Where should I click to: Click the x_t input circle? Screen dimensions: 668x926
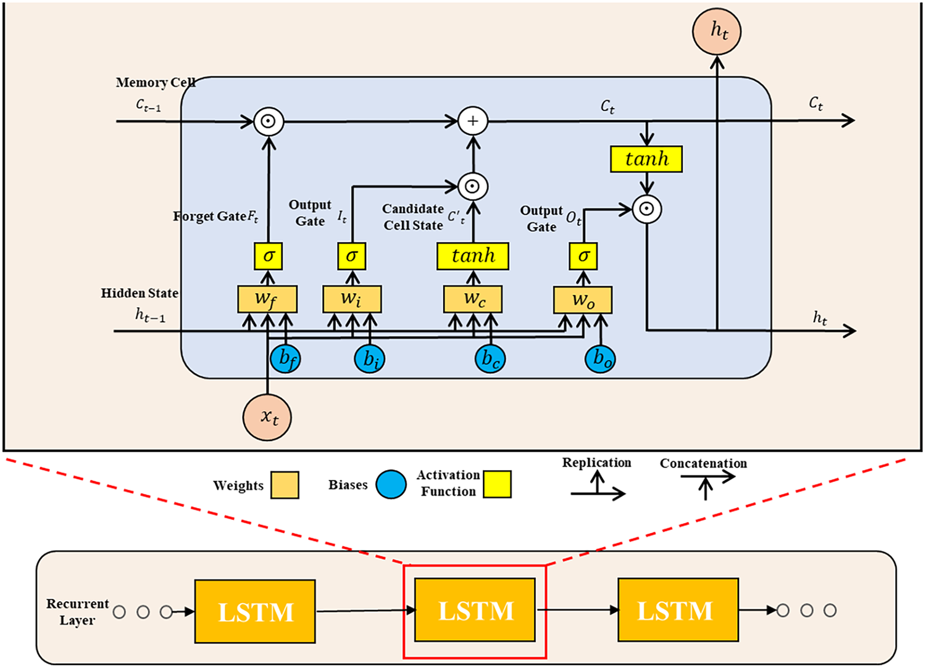point(267,417)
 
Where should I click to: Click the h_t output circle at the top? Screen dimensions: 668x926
point(717,31)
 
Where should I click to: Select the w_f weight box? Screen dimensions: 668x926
point(267,299)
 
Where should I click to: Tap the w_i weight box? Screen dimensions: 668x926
point(352,299)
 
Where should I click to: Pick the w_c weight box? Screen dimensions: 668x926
point(473,299)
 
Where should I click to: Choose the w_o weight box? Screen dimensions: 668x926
point(583,300)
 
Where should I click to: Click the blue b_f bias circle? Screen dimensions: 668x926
point(286,358)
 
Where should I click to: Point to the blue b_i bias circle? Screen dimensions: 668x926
point(370,359)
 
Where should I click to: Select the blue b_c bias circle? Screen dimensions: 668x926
point(490,359)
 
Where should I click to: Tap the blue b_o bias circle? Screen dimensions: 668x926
point(601,358)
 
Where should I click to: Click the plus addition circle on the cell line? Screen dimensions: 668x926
point(473,121)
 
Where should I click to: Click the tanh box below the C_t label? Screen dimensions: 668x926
point(646,159)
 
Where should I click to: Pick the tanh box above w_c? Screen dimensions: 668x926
point(473,256)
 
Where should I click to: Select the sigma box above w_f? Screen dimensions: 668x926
point(269,256)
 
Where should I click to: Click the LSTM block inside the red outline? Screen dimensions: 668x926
point(475,611)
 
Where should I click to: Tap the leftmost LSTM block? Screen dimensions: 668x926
point(255,611)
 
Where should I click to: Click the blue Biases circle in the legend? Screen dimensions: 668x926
point(391,484)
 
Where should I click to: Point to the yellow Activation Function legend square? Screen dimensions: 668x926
point(497,484)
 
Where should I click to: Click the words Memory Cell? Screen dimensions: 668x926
point(155,83)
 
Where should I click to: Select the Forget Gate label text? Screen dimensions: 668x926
point(210,216)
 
